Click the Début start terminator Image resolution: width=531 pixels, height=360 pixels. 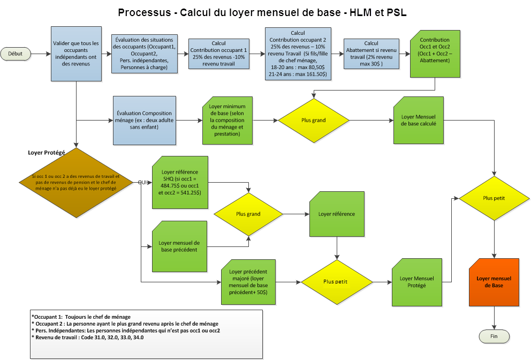pos(16,54)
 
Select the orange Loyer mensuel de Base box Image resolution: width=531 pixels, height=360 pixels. pos(494,282)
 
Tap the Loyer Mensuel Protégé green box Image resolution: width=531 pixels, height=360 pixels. pos(417,282)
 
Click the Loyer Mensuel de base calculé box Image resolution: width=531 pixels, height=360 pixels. pos(418,120)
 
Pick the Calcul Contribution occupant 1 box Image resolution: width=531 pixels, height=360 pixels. pos(218,54)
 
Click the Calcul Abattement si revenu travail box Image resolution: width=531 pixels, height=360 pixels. pos(371,54)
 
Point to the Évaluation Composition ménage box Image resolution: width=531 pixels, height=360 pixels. pos(145,121)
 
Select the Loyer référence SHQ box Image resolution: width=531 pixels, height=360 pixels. pos(179,182)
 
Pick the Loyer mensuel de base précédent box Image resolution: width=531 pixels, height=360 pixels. pos(179,246)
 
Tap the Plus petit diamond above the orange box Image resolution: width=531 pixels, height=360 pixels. pos(494,198)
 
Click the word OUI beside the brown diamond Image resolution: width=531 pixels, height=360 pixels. pos(143,183)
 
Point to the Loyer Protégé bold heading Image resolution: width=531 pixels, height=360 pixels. pos(46,153)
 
